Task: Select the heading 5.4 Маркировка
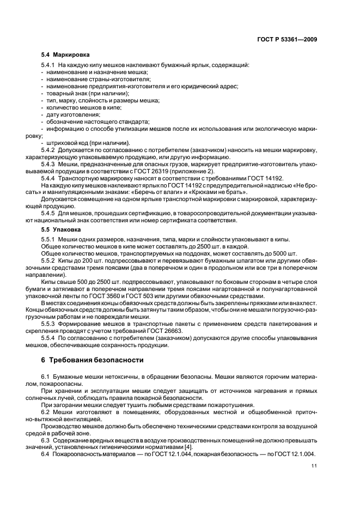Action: point(65,55)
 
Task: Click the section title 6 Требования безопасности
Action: point(93,360)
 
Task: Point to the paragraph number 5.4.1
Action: point(48,66)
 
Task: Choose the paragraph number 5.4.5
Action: point(48,214)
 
